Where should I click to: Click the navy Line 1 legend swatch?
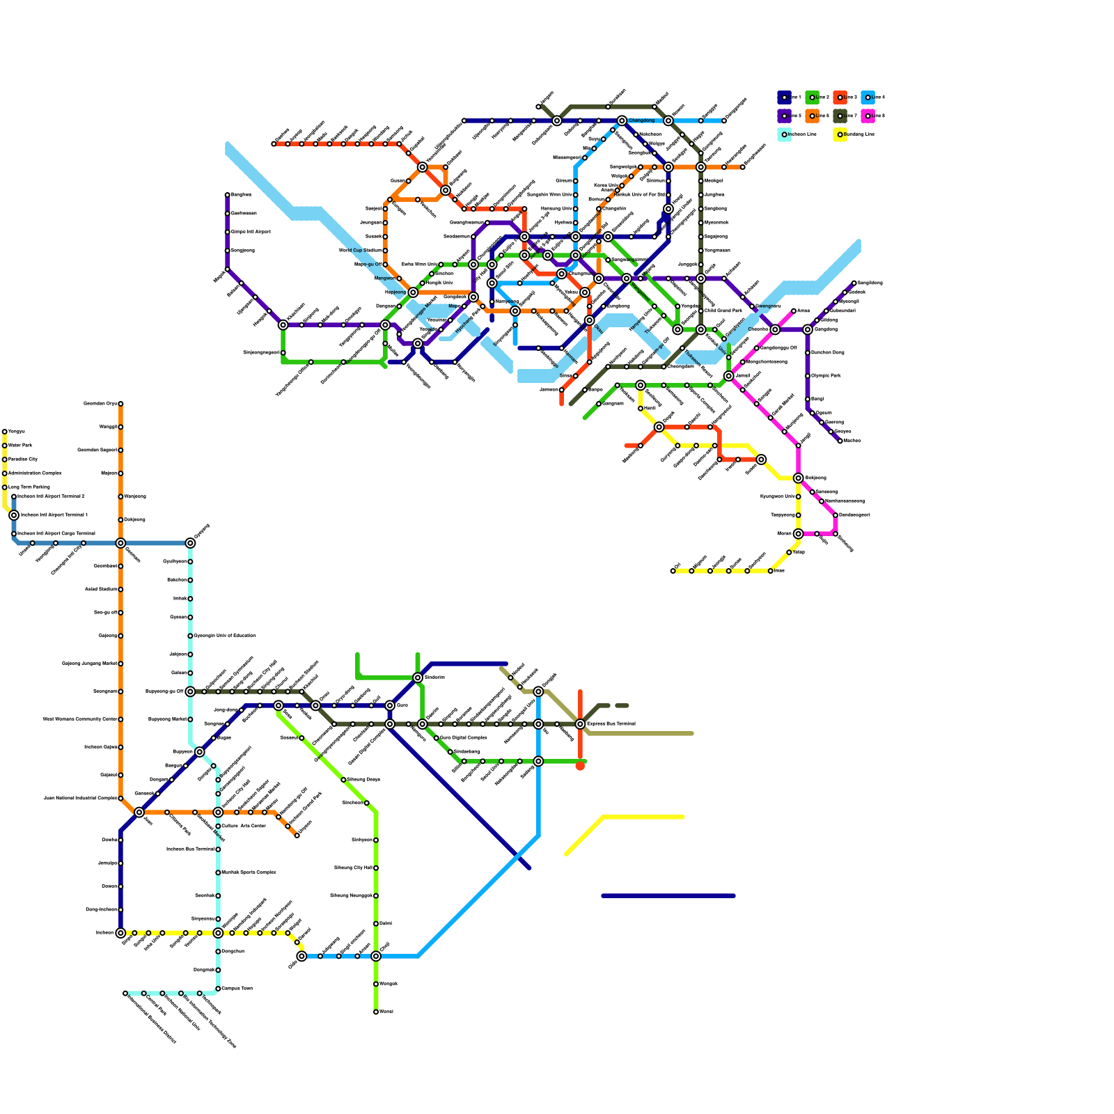point(784,97)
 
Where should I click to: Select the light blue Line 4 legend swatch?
point(868,97)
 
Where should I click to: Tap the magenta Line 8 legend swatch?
point(868,116)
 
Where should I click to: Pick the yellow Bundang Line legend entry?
point(840,134)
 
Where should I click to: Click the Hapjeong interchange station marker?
point(413,292)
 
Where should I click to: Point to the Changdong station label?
point(641,120)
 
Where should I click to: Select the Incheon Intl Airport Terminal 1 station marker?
point(14,515)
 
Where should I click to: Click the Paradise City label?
point(23,460)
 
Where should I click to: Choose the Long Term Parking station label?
point(29,487)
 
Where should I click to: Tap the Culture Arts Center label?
point(244,826)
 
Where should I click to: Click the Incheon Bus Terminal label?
point(190,849)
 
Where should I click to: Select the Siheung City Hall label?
point(354,868)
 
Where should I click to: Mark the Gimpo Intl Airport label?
point(251,232)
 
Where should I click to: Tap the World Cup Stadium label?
point(360,251)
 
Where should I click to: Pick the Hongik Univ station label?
point(439,283)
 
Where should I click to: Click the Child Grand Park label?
point(723,311)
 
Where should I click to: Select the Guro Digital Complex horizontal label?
point(463,737)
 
